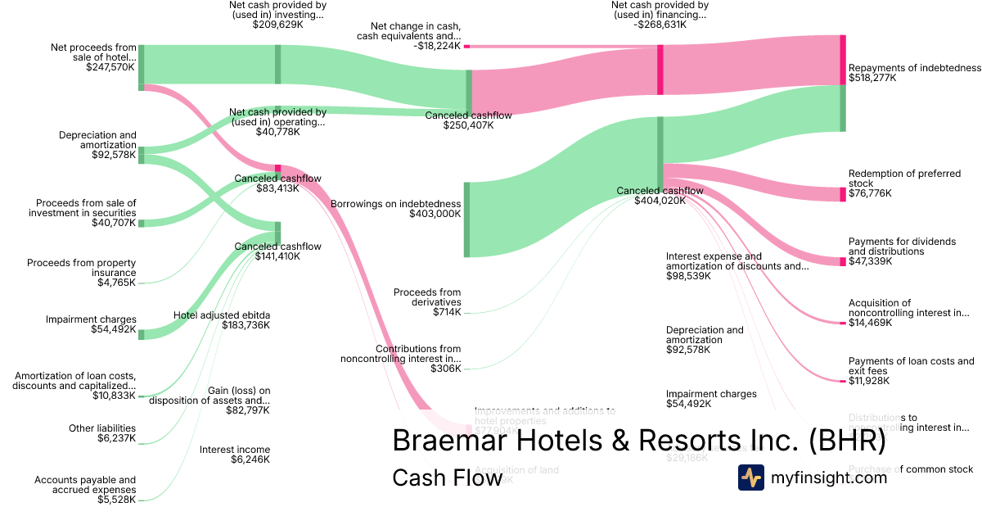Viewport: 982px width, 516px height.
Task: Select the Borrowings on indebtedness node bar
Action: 467,220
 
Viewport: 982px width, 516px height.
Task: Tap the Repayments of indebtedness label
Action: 914,68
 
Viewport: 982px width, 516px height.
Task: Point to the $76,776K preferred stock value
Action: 870,193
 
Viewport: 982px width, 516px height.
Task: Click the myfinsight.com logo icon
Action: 750,478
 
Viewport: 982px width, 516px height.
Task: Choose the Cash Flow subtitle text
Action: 447,478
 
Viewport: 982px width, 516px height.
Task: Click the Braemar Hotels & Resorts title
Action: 638,441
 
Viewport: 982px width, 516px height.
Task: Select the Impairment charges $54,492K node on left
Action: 142,334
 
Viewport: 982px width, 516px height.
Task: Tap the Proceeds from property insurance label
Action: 81,268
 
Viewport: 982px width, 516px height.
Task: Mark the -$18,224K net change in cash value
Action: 438,47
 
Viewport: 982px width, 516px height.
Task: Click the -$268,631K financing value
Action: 659,25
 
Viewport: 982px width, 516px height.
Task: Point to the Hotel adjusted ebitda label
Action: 222,315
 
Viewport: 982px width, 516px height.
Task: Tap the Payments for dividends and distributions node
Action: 843,261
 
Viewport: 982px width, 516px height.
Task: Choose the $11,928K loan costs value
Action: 870,381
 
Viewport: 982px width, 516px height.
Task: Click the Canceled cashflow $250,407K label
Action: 468,115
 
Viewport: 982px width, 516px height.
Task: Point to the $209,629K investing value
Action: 277,25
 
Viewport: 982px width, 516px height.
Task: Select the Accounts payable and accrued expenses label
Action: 85,485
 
